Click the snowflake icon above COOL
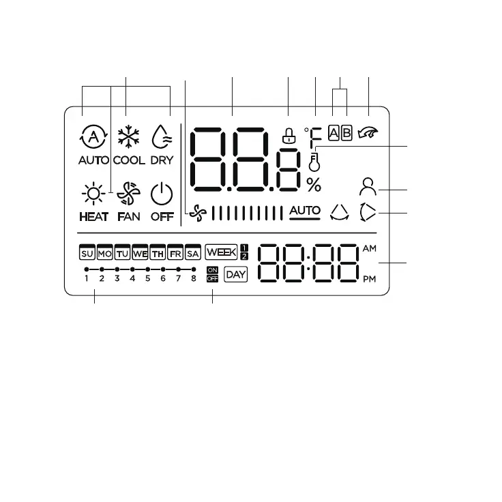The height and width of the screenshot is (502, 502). [126, 137]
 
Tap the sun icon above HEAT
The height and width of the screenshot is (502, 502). [91, 194]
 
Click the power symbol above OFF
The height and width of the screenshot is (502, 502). [162, 194]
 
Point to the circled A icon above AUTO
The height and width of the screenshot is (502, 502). [89, 137]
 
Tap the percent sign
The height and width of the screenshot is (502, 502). [314, 184]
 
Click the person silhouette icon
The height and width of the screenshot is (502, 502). [368, 186]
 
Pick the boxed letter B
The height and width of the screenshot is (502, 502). [346, 133]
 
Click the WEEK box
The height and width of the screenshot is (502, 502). [221, 252]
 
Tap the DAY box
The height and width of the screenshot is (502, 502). [235, 275]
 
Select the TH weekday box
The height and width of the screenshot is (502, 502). [158, 253]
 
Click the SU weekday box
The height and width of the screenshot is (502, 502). [87, 253]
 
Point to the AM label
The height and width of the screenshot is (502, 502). [370, 248]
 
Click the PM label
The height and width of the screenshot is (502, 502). [370, 279]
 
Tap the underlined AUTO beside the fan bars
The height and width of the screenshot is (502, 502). [304, 211]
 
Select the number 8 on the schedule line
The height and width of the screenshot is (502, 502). [194, 279]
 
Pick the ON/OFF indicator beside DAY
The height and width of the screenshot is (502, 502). [211, 275]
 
